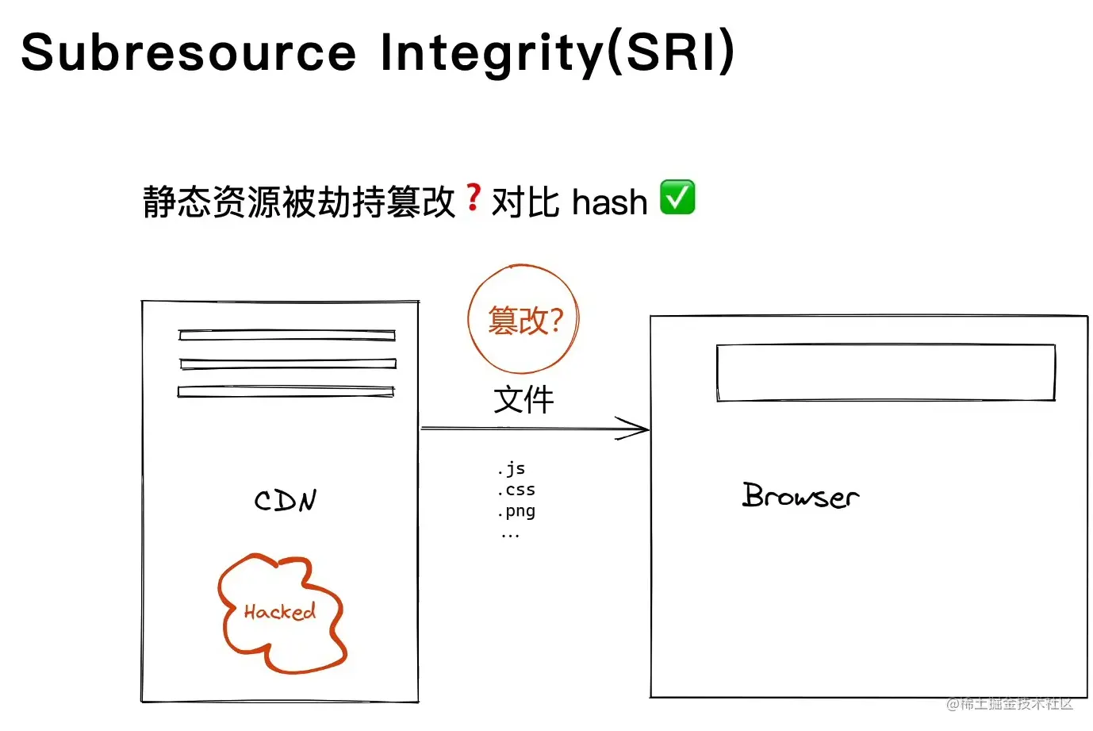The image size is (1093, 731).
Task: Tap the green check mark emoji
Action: click(677, 198)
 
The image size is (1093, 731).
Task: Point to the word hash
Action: click(609, 202)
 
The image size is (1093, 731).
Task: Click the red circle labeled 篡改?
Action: click(523, 319)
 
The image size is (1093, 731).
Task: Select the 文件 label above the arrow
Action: click(523, 399)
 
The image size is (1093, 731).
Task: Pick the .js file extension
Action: click(512, 468)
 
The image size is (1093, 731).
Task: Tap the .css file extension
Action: click(516, 490)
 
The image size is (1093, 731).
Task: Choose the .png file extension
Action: click(516, 511)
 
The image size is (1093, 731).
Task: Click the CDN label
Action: click(286, 500)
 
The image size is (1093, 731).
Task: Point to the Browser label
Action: click(800, 496)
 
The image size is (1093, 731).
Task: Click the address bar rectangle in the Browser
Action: click(885, 372)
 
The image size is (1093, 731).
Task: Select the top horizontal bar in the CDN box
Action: click(287, 335)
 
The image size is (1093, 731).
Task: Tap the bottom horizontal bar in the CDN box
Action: click(286, 391)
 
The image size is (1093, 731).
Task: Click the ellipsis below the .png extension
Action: click(510, 536)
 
